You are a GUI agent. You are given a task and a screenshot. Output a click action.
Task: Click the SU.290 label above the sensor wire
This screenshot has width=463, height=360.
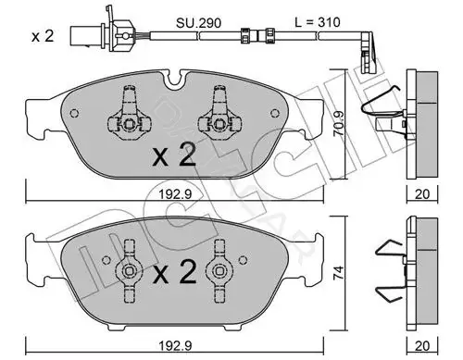point(198,22)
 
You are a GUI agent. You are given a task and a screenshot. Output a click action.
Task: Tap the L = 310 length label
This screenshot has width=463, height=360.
point(318,22)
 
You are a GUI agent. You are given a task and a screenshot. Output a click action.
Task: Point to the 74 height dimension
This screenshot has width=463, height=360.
point(338,273)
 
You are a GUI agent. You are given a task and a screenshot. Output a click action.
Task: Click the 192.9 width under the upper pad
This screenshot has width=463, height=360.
point(175,194)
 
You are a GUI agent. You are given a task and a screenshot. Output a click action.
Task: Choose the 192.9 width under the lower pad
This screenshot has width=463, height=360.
point(175,346)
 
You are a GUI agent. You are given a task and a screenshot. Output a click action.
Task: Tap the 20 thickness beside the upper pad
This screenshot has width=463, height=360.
point(422,194)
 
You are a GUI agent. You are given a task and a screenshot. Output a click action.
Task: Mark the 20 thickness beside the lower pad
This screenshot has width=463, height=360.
point(422,346)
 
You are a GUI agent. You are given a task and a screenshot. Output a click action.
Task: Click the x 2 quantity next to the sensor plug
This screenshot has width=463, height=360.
point(43,36)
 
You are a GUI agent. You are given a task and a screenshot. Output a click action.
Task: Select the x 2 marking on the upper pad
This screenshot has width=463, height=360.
point(174,155)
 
